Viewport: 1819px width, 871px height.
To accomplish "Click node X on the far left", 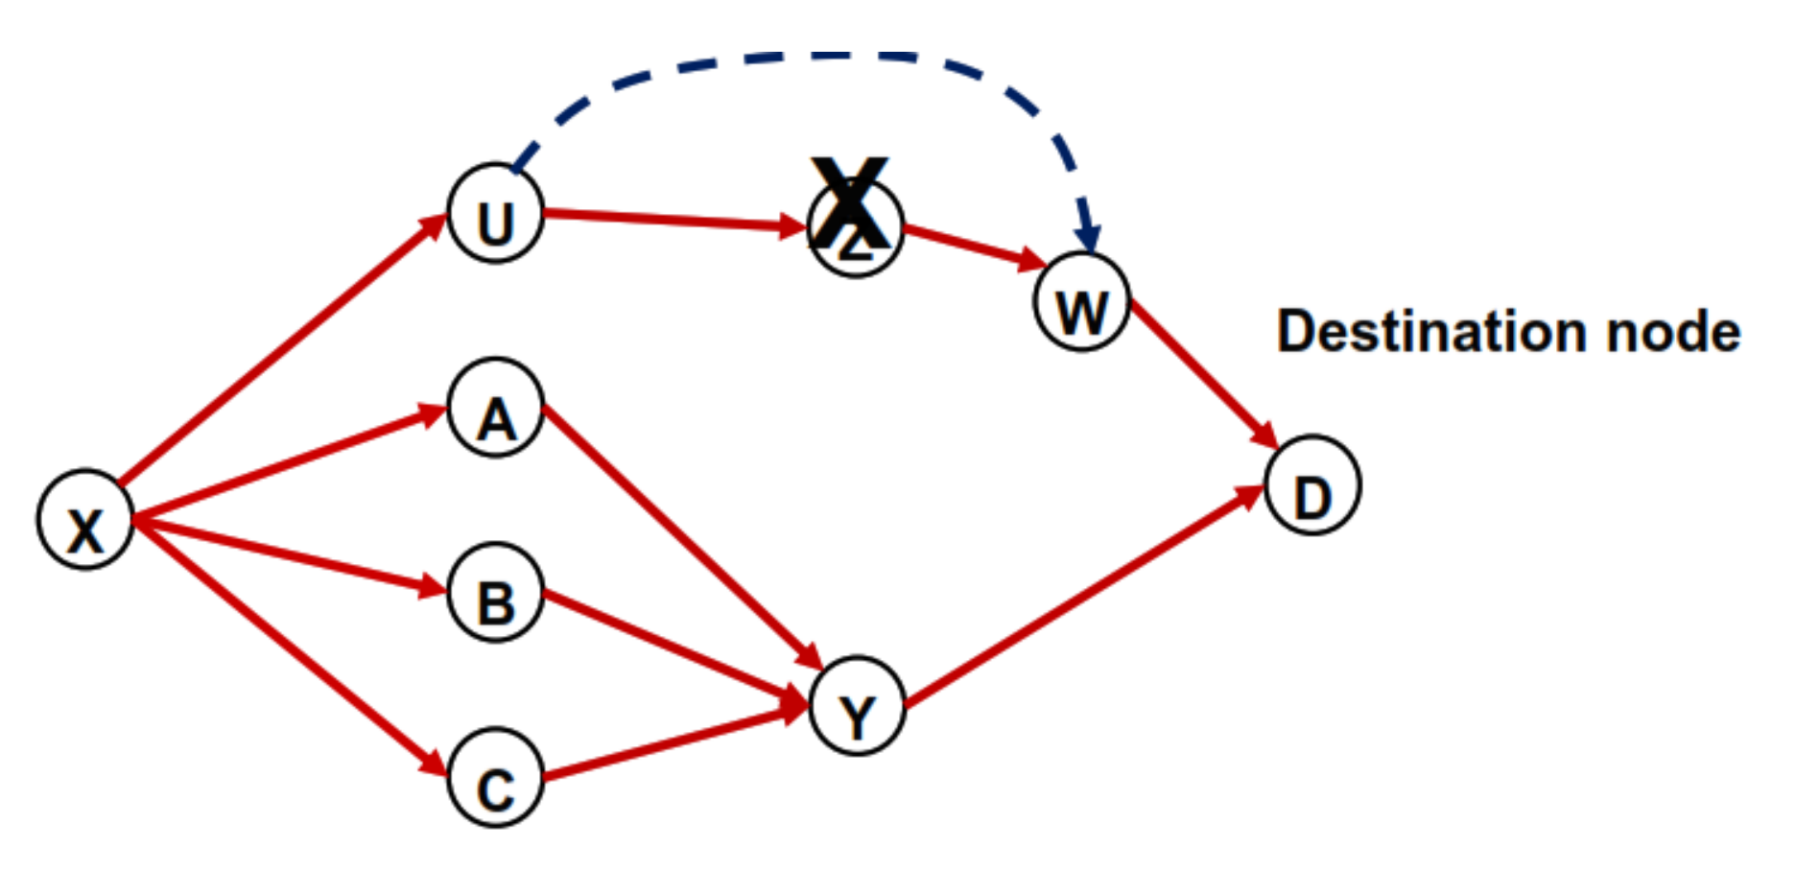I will click(x=84, y=519).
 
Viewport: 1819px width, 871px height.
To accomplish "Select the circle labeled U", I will click(x=495, y=213).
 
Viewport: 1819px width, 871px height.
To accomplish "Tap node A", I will click(x=495, y=408).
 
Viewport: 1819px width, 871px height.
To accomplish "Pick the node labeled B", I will click(x=495, y=593).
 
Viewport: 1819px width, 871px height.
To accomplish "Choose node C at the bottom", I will click(x=495, y=777).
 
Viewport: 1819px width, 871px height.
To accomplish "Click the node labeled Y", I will click(x=857, y=706).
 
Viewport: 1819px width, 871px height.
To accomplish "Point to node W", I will click(x=1082, y=302).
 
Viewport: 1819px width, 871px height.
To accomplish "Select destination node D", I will click(x=1311, y=485).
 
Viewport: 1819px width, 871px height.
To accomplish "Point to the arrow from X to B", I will click(x=288, y=554).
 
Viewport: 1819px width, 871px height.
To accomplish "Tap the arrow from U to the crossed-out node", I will click(x=672, y=220).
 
